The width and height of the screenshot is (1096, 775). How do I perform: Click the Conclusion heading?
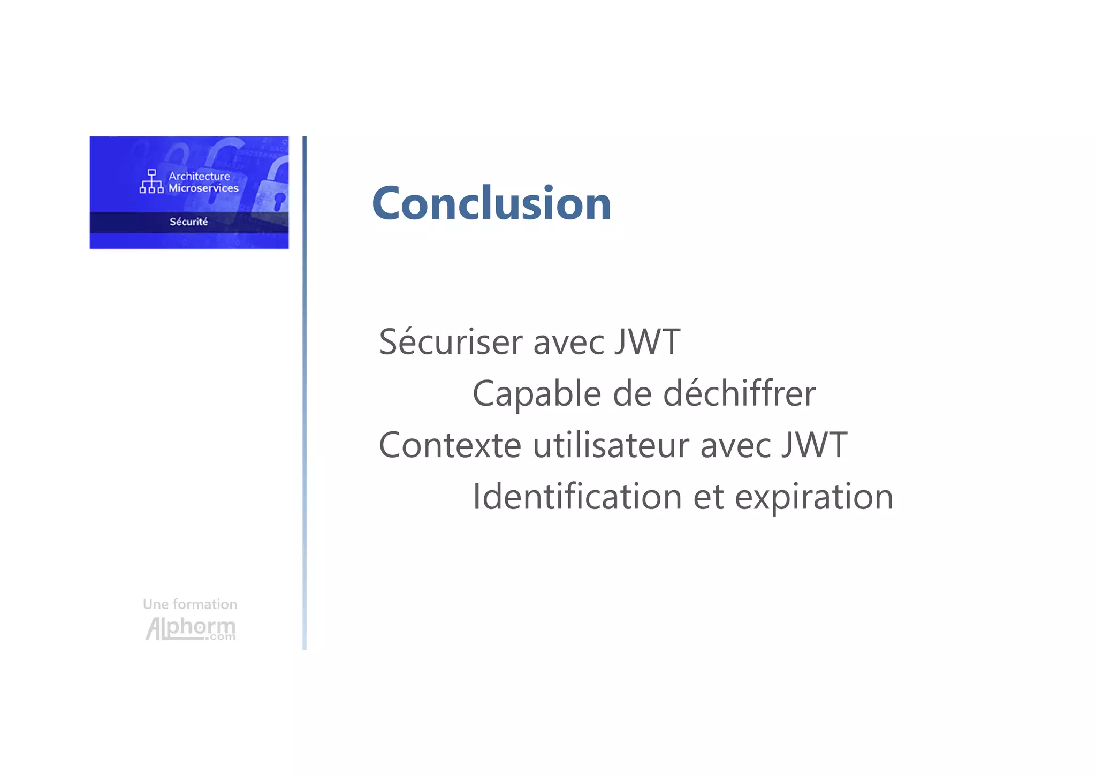pyautogui.click(x=491, y=203)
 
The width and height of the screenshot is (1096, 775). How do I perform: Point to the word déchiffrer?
pyautogui.click(x=739, y=394)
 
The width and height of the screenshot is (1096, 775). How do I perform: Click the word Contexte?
pyautogui.click(x=450, y=445)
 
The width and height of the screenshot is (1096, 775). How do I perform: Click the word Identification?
pyautogui.click(x=577, y=497)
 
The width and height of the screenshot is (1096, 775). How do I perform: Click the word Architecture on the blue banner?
pyautogui.click(x=199, y=176)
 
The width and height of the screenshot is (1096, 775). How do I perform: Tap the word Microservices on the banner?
pyautogui.click(x=203, y=188)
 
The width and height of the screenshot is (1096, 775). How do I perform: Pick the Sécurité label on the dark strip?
pyautogui.click(x=188, y=222)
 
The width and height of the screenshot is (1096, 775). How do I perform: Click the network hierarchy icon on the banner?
pyautogui.click(x=151, y=181)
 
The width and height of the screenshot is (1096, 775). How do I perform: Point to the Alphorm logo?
pyautogui.click(x=191, y=628)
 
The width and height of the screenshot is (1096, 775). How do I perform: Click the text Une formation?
pyautogui.click(x=190, y=604)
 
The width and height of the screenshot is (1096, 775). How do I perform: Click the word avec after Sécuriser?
pyautogui.click(x=568, y=343)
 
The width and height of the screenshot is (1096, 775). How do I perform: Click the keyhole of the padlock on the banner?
pyautogui.click(x=279, y=201)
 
